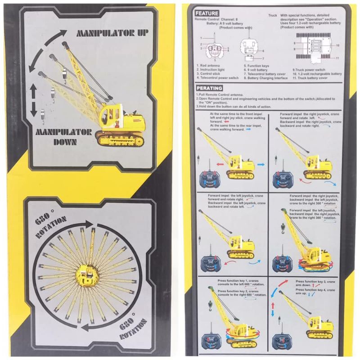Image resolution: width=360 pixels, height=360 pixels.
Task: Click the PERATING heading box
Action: tap(210, 88)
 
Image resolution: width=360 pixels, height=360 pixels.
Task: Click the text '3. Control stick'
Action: tap(210, 74)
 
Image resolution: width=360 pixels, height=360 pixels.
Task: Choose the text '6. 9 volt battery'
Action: tap(256, 70)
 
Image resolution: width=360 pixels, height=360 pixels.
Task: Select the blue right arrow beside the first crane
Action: tap(261, 165)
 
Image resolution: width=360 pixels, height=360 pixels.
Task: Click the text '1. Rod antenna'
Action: tap(208, 66)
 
